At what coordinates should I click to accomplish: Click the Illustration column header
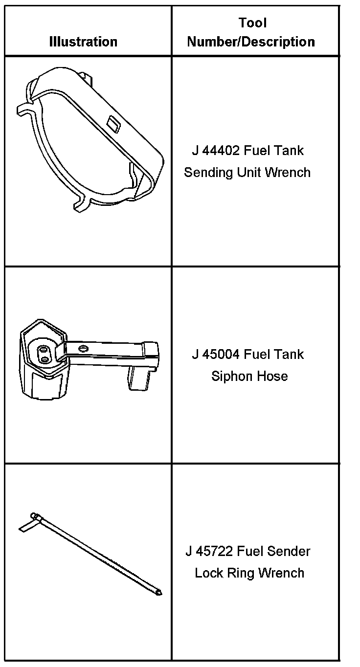click(x=83, y=42)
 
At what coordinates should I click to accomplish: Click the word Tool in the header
click(x=252, y=22)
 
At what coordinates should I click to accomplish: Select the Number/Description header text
click(x=251, y=42)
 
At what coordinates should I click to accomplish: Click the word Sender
click(x=290, y=551)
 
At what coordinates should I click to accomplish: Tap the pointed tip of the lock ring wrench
click(x=159, y=593)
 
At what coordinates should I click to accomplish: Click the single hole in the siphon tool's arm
click(x=83, y=348)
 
